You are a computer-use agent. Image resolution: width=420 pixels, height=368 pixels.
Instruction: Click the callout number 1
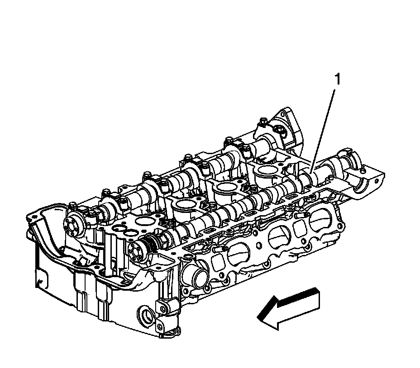tap(338, 80)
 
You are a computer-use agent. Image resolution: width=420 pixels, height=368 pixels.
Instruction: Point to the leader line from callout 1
tap(323, 131)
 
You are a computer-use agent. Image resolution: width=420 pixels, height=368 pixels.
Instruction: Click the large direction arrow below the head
tap(288, 308)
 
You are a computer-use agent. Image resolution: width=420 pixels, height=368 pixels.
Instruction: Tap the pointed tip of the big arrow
tap(257, 317)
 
